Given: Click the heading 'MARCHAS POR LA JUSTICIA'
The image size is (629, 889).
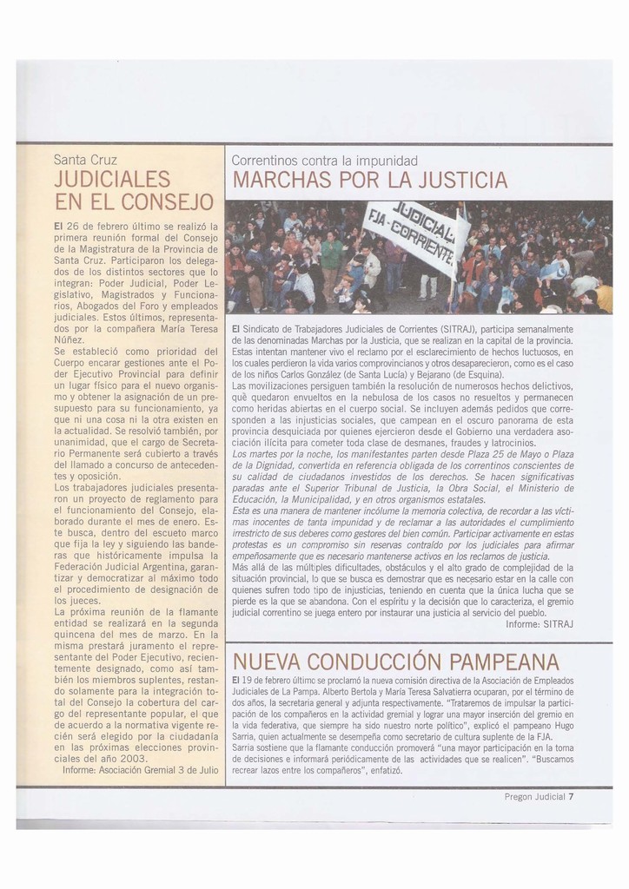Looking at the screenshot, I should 370,181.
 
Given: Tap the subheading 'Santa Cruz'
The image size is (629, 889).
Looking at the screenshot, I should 85,160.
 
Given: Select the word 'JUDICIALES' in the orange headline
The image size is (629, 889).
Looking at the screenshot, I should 111,180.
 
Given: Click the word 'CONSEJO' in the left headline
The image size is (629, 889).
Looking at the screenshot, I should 170,203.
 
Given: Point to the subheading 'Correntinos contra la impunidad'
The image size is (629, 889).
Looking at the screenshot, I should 325,161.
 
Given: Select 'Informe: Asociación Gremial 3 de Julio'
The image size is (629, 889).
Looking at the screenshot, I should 141,769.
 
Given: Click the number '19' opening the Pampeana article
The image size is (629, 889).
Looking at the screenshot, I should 248,680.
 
